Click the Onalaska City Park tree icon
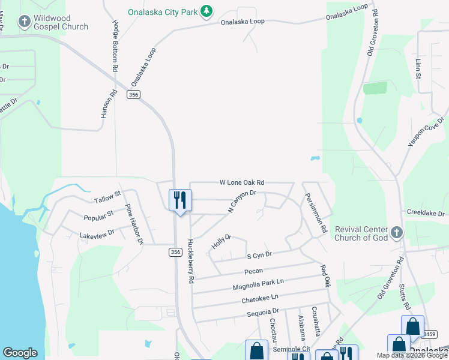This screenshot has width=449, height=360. click(x=206, y=11)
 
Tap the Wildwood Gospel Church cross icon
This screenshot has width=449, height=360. click(x=24, y=23)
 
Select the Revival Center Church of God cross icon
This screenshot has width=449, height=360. click(x=396, y=232)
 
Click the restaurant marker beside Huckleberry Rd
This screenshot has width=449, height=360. click(x=180, y=200)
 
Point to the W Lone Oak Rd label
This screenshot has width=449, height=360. click(x=242, y=182)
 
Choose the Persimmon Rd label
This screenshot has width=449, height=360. click(x=315, y=212)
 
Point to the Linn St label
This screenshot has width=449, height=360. click(x=417, y=68)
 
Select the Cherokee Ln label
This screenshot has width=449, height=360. click(x=259, y=298)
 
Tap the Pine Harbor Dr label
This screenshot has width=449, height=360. click(x=134, y=224)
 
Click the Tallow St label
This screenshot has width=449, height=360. click(x=107, y=197)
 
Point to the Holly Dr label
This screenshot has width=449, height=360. click(x=221, y=242)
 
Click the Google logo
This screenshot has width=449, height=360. click(x=20, y=353)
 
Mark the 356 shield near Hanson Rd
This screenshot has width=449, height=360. click(x=133, y=95)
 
